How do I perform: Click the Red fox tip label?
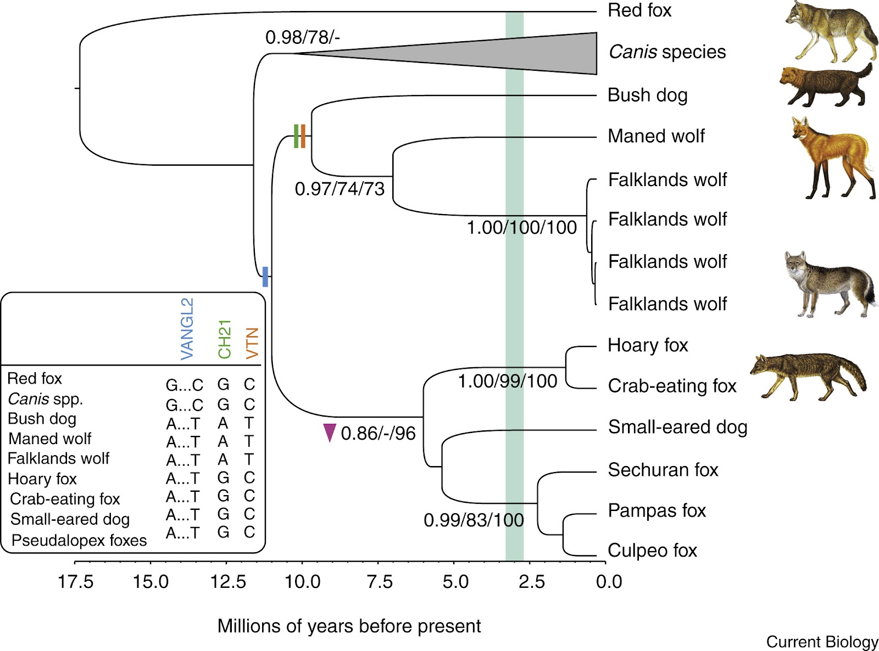point(639,10)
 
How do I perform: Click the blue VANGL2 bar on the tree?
point(265,277)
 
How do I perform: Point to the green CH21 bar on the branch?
point(296,136)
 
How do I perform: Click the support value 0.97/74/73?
point(340,189)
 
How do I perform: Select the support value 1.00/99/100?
point(507,381)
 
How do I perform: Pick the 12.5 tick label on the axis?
point(227,581)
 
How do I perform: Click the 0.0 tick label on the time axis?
point(609,581)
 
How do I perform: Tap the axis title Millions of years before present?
point(349,626)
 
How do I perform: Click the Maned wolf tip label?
point(655,136)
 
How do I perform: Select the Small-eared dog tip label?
point(677,426)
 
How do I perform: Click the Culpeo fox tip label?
point(652,550)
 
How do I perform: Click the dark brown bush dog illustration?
point(824,86)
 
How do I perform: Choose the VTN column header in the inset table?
point(252,343)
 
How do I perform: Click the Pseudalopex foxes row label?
point(79,540)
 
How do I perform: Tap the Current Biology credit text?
point(822,642)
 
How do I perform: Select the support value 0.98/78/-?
point(302,37)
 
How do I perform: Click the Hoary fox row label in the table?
point(42,479)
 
